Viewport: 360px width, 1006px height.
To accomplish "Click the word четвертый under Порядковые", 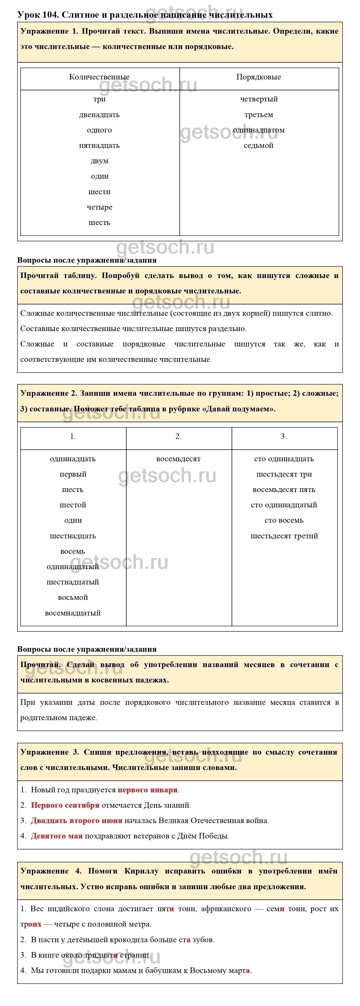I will tap(259, 99).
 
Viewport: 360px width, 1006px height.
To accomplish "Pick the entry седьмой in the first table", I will tap(259, 146).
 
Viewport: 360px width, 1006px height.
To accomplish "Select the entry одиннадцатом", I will tap(259, 130).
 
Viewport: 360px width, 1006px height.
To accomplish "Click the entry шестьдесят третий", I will tap(284, 536).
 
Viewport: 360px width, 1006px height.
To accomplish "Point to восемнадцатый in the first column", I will tap(73, 613).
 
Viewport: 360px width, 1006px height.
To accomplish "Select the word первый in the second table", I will tap(73, 475).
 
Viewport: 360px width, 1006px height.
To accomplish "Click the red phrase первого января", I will tap(148, 790).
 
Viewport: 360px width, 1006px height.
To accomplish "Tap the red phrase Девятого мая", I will tap(57, 836).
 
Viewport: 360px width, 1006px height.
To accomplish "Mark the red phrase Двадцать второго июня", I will tap(77, 821).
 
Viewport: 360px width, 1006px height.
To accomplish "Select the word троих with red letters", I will tap(31, 924).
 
